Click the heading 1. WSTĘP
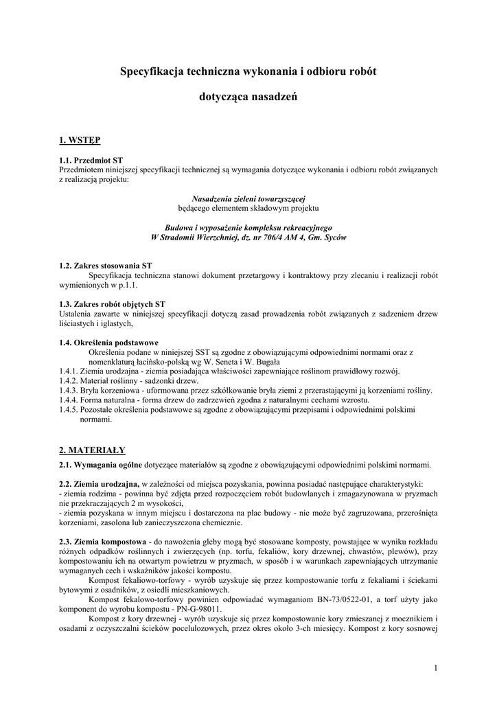(x=80, y=140)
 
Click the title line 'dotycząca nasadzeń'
(x=248, y=98)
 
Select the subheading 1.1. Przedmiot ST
(x=91, y=160)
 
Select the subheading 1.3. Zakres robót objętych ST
(x=112, y=303)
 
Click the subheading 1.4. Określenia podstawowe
(x=109, y=342)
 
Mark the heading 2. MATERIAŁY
(x=92, y=450)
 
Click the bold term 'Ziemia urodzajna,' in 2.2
(x=110, y=483)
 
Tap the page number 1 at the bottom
(x=435, y=667)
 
